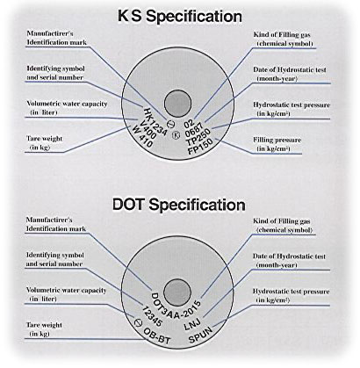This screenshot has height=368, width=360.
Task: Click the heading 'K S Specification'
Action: (180, 17)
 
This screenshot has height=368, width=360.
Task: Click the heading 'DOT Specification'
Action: (179, 205)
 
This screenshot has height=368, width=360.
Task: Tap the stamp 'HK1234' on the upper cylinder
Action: (155, 121)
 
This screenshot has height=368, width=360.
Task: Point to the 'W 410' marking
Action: (142, 136)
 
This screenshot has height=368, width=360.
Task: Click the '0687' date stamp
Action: (194, 129)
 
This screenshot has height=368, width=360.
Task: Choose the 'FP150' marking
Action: (200, 148)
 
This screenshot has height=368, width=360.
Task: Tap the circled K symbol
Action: (176, 135)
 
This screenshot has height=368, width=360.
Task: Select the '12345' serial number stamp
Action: (152, 316)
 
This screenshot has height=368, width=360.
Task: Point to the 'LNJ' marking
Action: (192, 324)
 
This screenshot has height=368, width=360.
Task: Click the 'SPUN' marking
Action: (200, 335)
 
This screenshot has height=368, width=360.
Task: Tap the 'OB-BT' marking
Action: (156, 336)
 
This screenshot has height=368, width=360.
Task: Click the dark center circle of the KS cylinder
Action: (177, 104)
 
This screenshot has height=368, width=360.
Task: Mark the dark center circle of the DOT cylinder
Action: (177, 292)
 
